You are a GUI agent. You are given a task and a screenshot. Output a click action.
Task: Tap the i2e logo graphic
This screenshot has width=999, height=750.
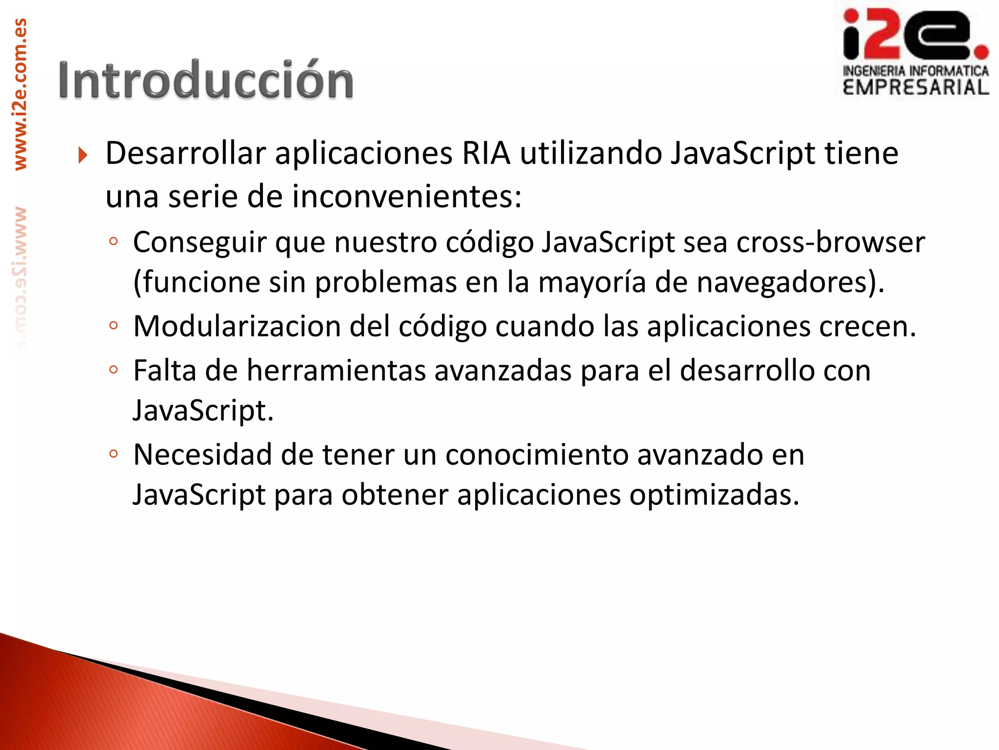tap(915, 35)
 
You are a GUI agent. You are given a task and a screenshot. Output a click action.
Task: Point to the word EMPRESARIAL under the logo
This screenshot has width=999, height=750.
tap(916, 87)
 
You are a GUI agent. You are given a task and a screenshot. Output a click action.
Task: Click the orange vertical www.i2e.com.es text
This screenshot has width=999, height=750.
tap(20, 94)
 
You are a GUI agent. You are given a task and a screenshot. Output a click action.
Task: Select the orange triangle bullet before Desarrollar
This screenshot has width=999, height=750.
tap(82, 156)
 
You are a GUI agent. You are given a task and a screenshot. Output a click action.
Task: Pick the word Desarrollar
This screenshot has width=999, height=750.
tap(185, 153)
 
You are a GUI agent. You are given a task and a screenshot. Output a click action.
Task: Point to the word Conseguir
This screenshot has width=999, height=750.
tap(200, 243)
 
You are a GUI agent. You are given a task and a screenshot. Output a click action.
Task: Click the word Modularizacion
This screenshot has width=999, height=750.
tap(237, 326)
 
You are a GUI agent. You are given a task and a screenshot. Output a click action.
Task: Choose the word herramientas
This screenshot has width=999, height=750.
tap(336, 371)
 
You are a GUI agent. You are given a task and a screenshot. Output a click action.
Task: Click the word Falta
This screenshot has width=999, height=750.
tap(164, 371)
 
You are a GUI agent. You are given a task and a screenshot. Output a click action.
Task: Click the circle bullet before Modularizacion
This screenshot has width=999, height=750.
tap(114, 326)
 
